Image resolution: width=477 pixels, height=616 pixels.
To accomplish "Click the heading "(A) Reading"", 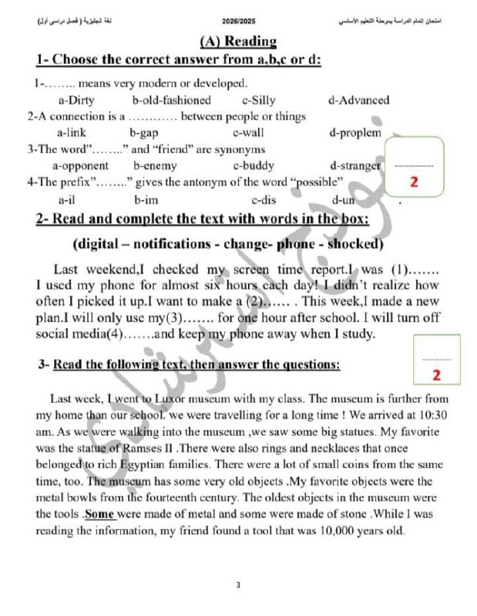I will coord(237,41).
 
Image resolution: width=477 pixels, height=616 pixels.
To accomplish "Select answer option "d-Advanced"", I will coord(358,100).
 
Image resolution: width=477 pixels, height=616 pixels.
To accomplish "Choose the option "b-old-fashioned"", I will coord(171,100).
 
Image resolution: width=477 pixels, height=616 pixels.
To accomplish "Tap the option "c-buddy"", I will coord(253,166).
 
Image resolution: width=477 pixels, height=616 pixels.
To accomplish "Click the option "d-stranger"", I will coord(354,166).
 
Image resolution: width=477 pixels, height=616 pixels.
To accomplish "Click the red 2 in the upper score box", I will coord(415,182).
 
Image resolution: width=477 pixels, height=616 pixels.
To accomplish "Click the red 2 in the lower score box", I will coord(436,375).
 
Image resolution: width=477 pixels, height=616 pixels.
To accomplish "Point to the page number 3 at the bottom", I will coord(239,585).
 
